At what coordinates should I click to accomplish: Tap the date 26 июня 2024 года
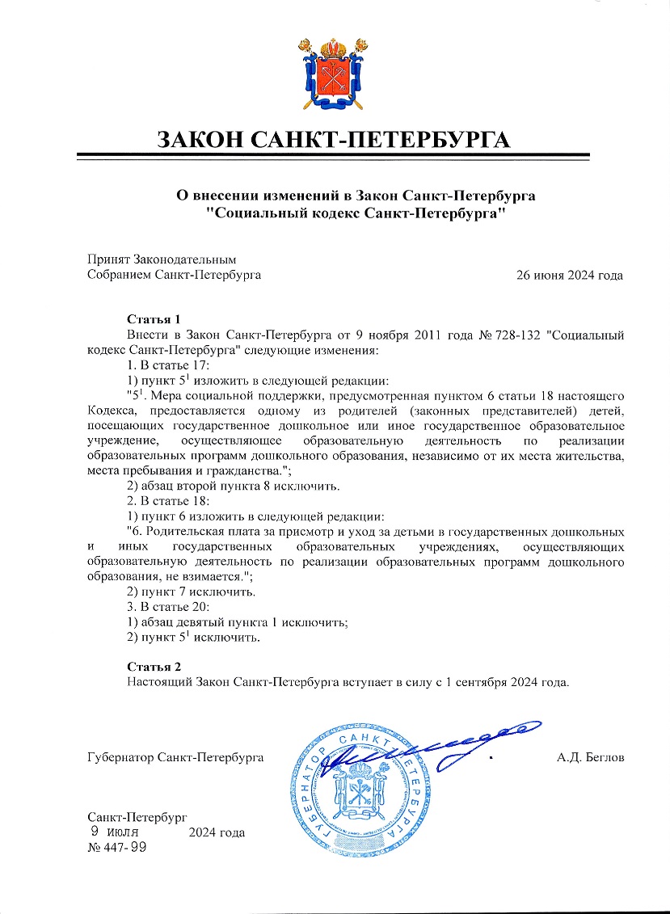(x=570, y=275)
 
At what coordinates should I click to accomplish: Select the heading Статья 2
(x=154, y=667)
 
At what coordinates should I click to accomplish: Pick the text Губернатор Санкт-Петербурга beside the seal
(x=176, y=758)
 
